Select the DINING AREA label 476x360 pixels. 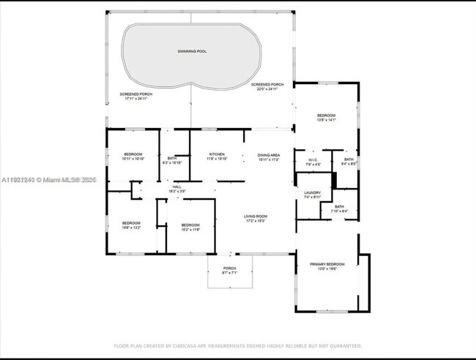269,155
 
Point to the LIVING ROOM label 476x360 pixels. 256,216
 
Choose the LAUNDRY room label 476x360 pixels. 313,192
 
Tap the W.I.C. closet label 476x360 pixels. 313,160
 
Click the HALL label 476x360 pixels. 176,187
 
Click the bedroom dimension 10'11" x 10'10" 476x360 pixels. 133,159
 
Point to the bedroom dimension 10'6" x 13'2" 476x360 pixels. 131,228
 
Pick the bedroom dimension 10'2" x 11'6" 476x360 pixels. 190,230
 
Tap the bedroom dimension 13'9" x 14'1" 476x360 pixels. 326,121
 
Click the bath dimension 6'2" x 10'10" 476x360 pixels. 171,162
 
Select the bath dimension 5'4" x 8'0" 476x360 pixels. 349,164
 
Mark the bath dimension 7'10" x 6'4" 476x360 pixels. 339,211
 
